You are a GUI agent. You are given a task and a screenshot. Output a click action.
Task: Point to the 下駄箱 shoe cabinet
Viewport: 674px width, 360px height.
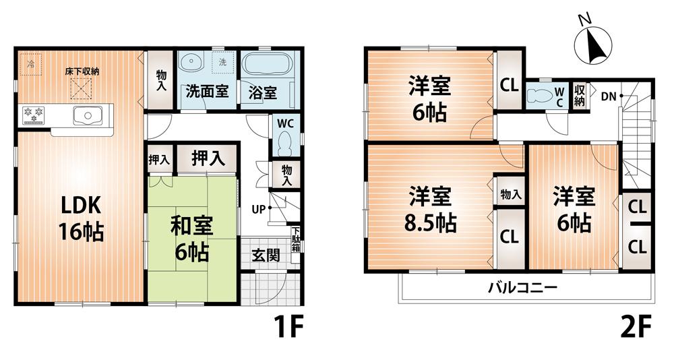(296, 241)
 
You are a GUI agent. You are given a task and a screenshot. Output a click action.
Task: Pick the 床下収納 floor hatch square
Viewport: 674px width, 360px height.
(82, 86)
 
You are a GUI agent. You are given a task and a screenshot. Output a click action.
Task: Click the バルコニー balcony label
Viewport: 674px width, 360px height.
(523, 289)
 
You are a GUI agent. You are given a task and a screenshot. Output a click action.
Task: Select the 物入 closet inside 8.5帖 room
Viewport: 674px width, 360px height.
(510, 195)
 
